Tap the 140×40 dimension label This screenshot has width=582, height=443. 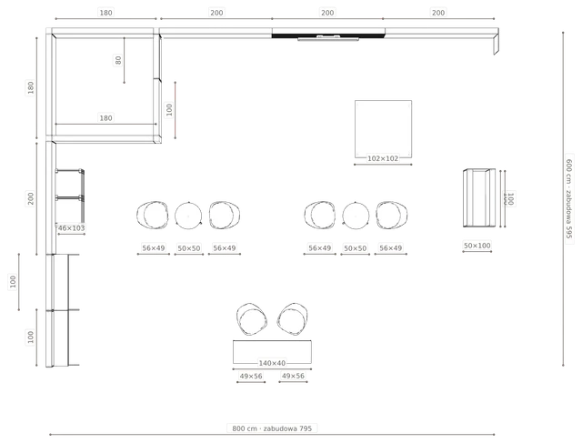click(x=272, y=363)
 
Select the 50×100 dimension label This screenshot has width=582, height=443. click(x=477, y=246)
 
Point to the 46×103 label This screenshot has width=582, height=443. click(x=71, y=228)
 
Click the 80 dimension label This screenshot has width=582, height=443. click(x=118, y=60)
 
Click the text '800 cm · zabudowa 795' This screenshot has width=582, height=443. click(x=272, y=428)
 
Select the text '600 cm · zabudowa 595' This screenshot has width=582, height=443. click(x=569, y=198)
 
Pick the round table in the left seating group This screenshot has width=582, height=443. click(x=188, y=216)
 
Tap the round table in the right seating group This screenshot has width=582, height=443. click(x=356, y=216)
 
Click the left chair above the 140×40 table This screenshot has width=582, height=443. click(x=251, y=319)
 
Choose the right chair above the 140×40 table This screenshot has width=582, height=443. click(x=293, y=319)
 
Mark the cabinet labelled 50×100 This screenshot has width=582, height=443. click(x=479, y=198)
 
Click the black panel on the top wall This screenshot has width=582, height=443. click(x=328, y=36)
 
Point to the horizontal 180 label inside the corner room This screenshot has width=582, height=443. click(x=105, y=118)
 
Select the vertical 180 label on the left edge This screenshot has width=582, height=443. click(x=30, y=87)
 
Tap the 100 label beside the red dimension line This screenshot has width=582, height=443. click(x=169, y=109)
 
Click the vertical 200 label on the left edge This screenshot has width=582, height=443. click(x=30, y=198)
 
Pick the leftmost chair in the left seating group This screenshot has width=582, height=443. click(x=153, y=215)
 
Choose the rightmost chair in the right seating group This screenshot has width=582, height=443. click(x=391, y=215)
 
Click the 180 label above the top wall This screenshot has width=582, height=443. click(x=105, y=13)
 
